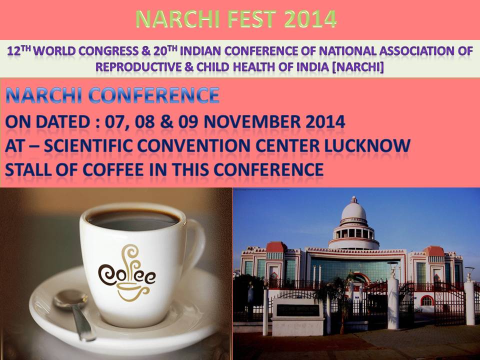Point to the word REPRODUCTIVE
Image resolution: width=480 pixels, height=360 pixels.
(138, 66)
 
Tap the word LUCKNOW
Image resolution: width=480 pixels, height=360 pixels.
(367, 145)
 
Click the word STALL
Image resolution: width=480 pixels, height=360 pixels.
(28, 169)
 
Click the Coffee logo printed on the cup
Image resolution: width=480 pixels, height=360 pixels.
(126, 273)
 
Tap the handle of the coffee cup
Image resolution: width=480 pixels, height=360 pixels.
(196, 242)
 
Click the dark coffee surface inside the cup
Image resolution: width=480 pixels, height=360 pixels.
(133, 220)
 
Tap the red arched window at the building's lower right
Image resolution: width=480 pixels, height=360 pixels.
(427, 300)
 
